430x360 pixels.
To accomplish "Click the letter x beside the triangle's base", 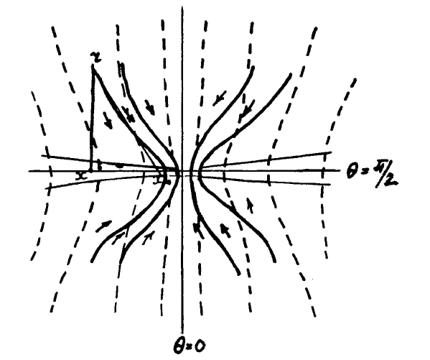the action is pyautogui.click(x=83, y=175).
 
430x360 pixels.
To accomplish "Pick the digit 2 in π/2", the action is pyautogui.click(x=391, y=180).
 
